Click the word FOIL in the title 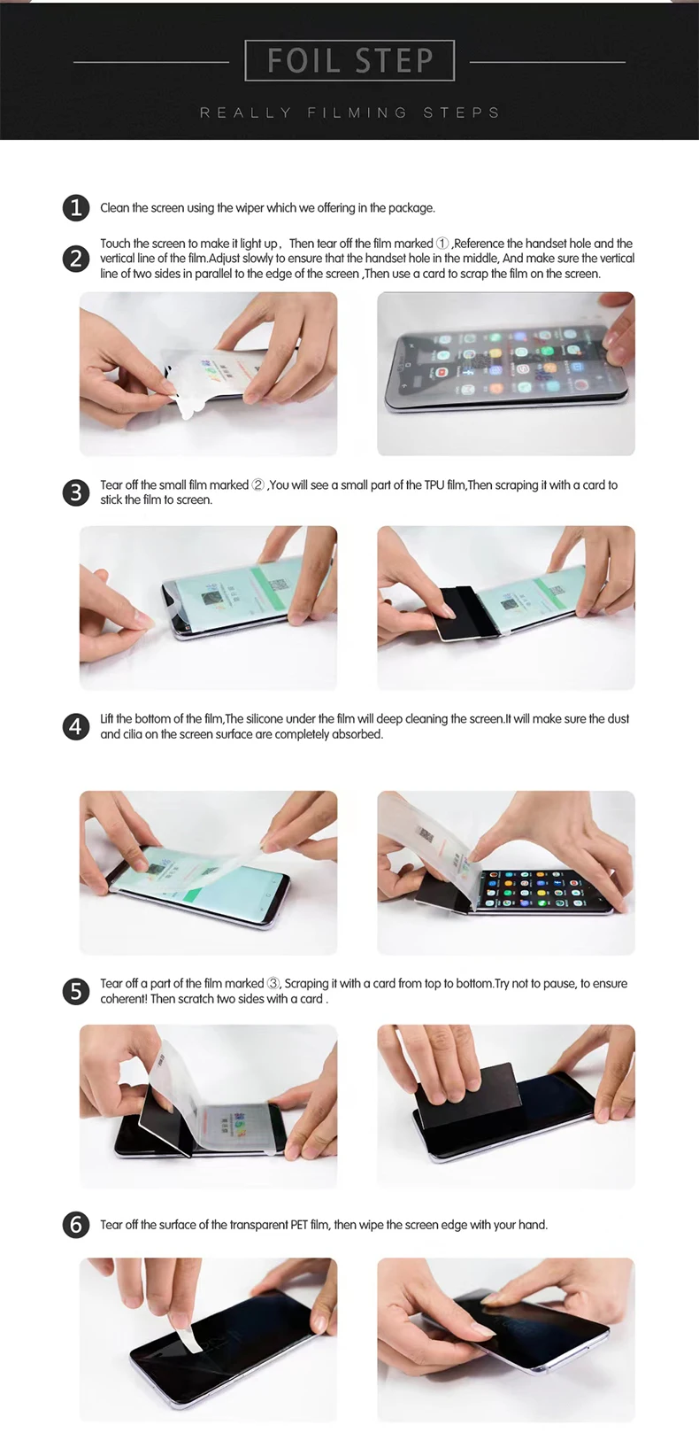pyautogui.click(x=303, y=61)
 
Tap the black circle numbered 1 pyautogui.click(x=75, y=208)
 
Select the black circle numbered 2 pyautogui.click(x=75, y=259)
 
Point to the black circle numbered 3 pyautogui.click(x=75, y=492)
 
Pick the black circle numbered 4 pyautogui.click(x=75, y=726)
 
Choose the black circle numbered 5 pyautogui.click(x=75, y=991)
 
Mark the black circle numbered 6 pyautogui.click(x=75, y=1225)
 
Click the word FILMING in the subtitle pyautogui.click(x=357, y=112)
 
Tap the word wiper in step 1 pyautogui.click(x=250, y=208)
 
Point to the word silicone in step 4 pyautogui.click(x=261, y=719)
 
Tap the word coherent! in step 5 pyautogui.click(x=123, y=999)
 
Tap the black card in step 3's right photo pyautogui.click(x=456, y=614)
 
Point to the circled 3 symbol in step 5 pyautogui.click(x=273, y=983)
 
